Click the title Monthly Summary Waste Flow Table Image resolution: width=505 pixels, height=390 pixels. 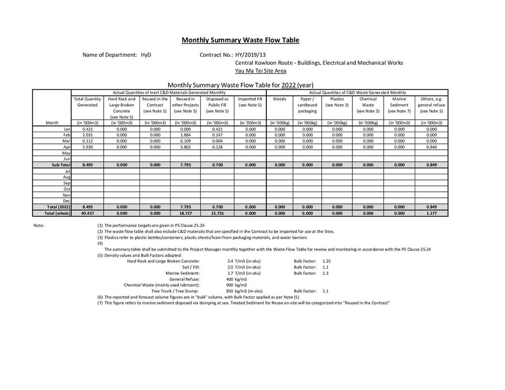240,40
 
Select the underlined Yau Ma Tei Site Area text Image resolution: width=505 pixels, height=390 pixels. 261,71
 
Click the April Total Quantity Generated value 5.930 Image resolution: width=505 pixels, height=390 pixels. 87,147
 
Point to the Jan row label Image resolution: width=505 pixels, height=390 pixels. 67,129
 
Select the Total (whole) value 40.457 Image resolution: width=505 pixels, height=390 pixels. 87,213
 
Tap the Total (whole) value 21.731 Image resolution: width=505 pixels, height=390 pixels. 218,213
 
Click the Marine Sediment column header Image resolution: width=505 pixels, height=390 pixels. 399,102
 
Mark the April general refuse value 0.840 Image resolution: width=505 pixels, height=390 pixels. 431,147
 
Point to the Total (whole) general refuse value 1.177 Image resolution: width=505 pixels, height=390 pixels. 431,213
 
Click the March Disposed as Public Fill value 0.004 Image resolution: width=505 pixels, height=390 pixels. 218,141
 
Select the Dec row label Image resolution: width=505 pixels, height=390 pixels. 67,201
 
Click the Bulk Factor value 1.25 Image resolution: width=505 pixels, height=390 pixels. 327,261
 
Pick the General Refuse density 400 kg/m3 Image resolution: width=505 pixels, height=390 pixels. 236,279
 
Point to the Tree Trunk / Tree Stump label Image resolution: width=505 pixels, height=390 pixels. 175,291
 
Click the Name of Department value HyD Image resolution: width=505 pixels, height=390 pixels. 146,55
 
